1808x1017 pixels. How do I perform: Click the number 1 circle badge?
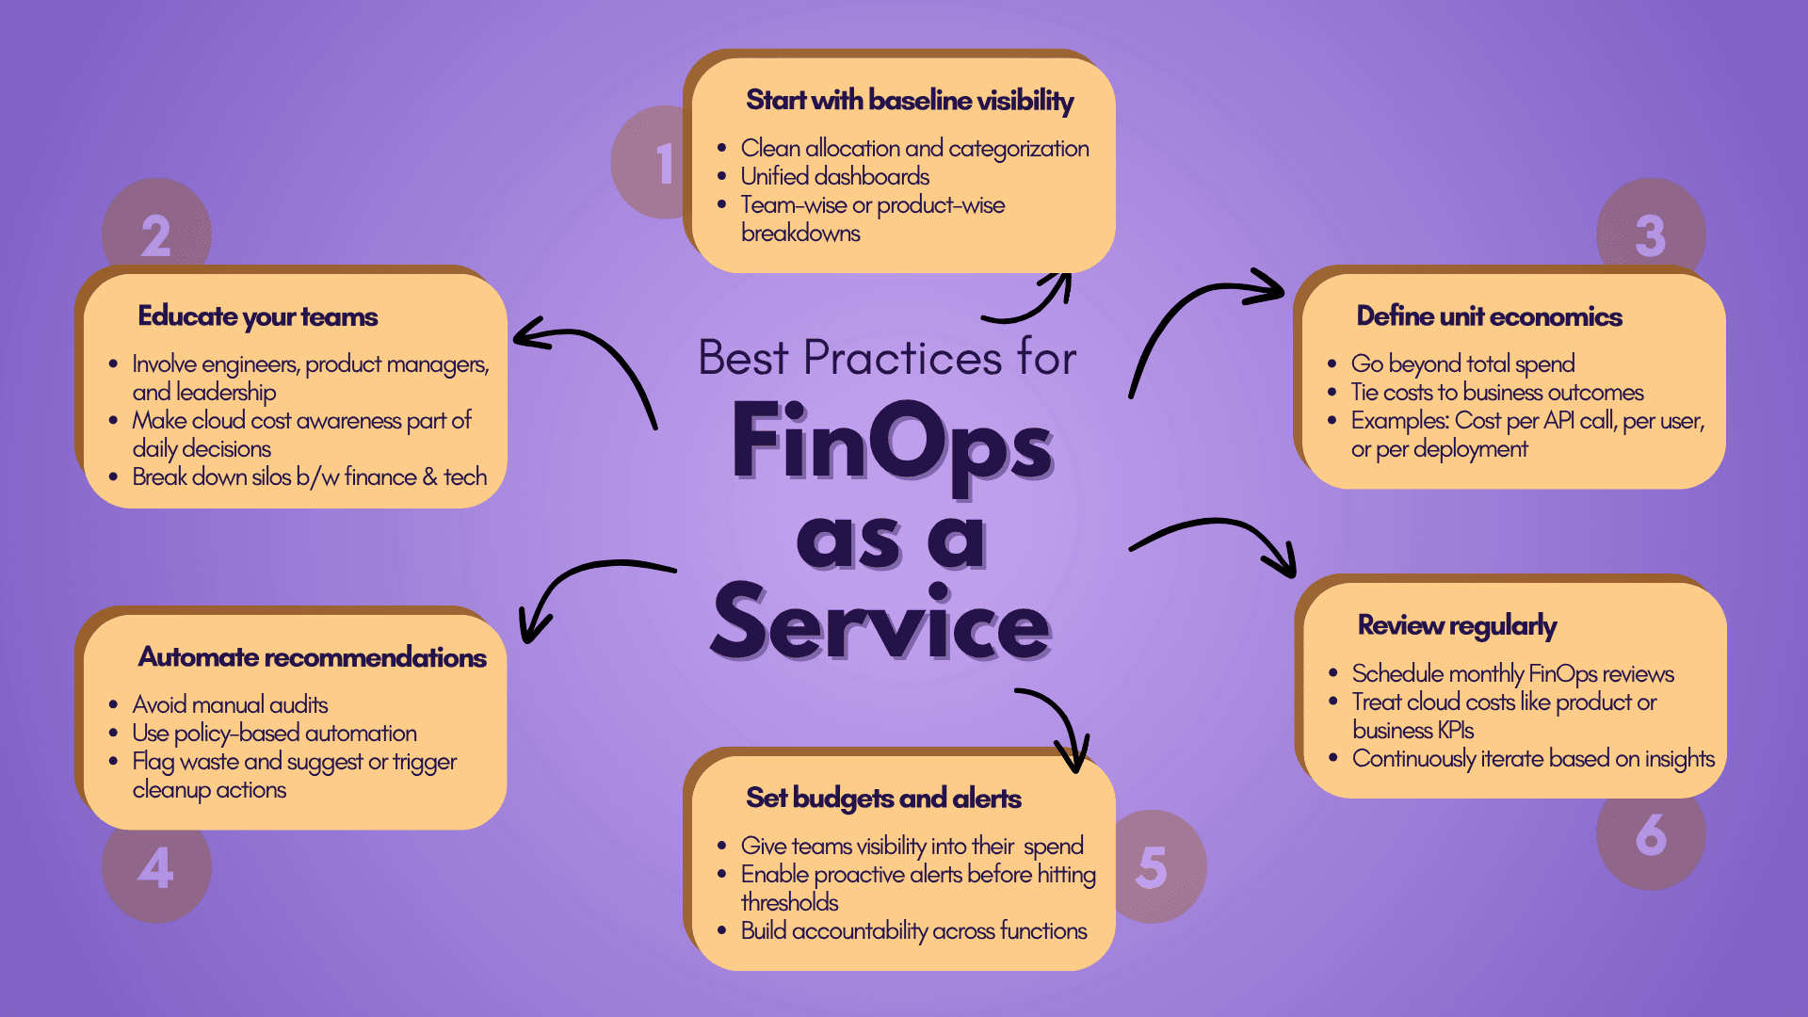coord(650,162)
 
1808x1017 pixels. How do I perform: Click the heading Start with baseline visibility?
coord(910,101)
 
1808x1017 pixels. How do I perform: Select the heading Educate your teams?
coord(258,316)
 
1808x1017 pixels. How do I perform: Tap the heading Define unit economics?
coord(1489,316)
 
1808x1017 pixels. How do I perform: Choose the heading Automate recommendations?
coord(312,657)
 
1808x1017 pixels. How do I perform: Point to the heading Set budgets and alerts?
coord(883,799)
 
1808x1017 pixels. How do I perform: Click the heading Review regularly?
coord(1457,626)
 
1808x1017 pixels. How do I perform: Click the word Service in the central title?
coord(880,623)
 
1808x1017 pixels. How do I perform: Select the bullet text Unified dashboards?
coord(834,176)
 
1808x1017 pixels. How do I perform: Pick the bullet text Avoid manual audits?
coord(230,704)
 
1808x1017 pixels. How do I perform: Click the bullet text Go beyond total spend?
coord(1462,364)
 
